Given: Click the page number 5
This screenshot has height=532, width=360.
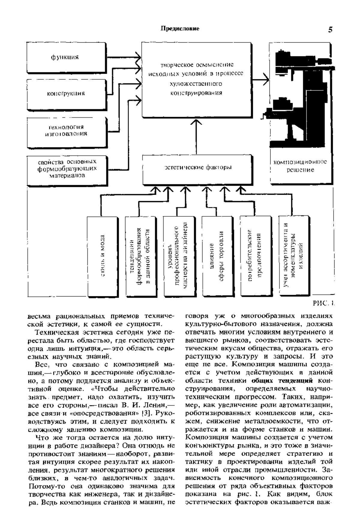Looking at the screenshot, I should [x=330, y=29].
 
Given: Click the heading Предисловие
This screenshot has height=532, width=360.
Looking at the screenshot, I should [x=180, y=29].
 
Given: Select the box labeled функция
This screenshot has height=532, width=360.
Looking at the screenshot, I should [x=66, y=57].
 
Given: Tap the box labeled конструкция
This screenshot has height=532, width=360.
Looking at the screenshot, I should [x=66, y=93].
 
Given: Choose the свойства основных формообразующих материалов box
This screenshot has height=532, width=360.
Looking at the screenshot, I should [x=67, y=170].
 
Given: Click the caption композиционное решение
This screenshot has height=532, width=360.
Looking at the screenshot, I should [x=300, y=166].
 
